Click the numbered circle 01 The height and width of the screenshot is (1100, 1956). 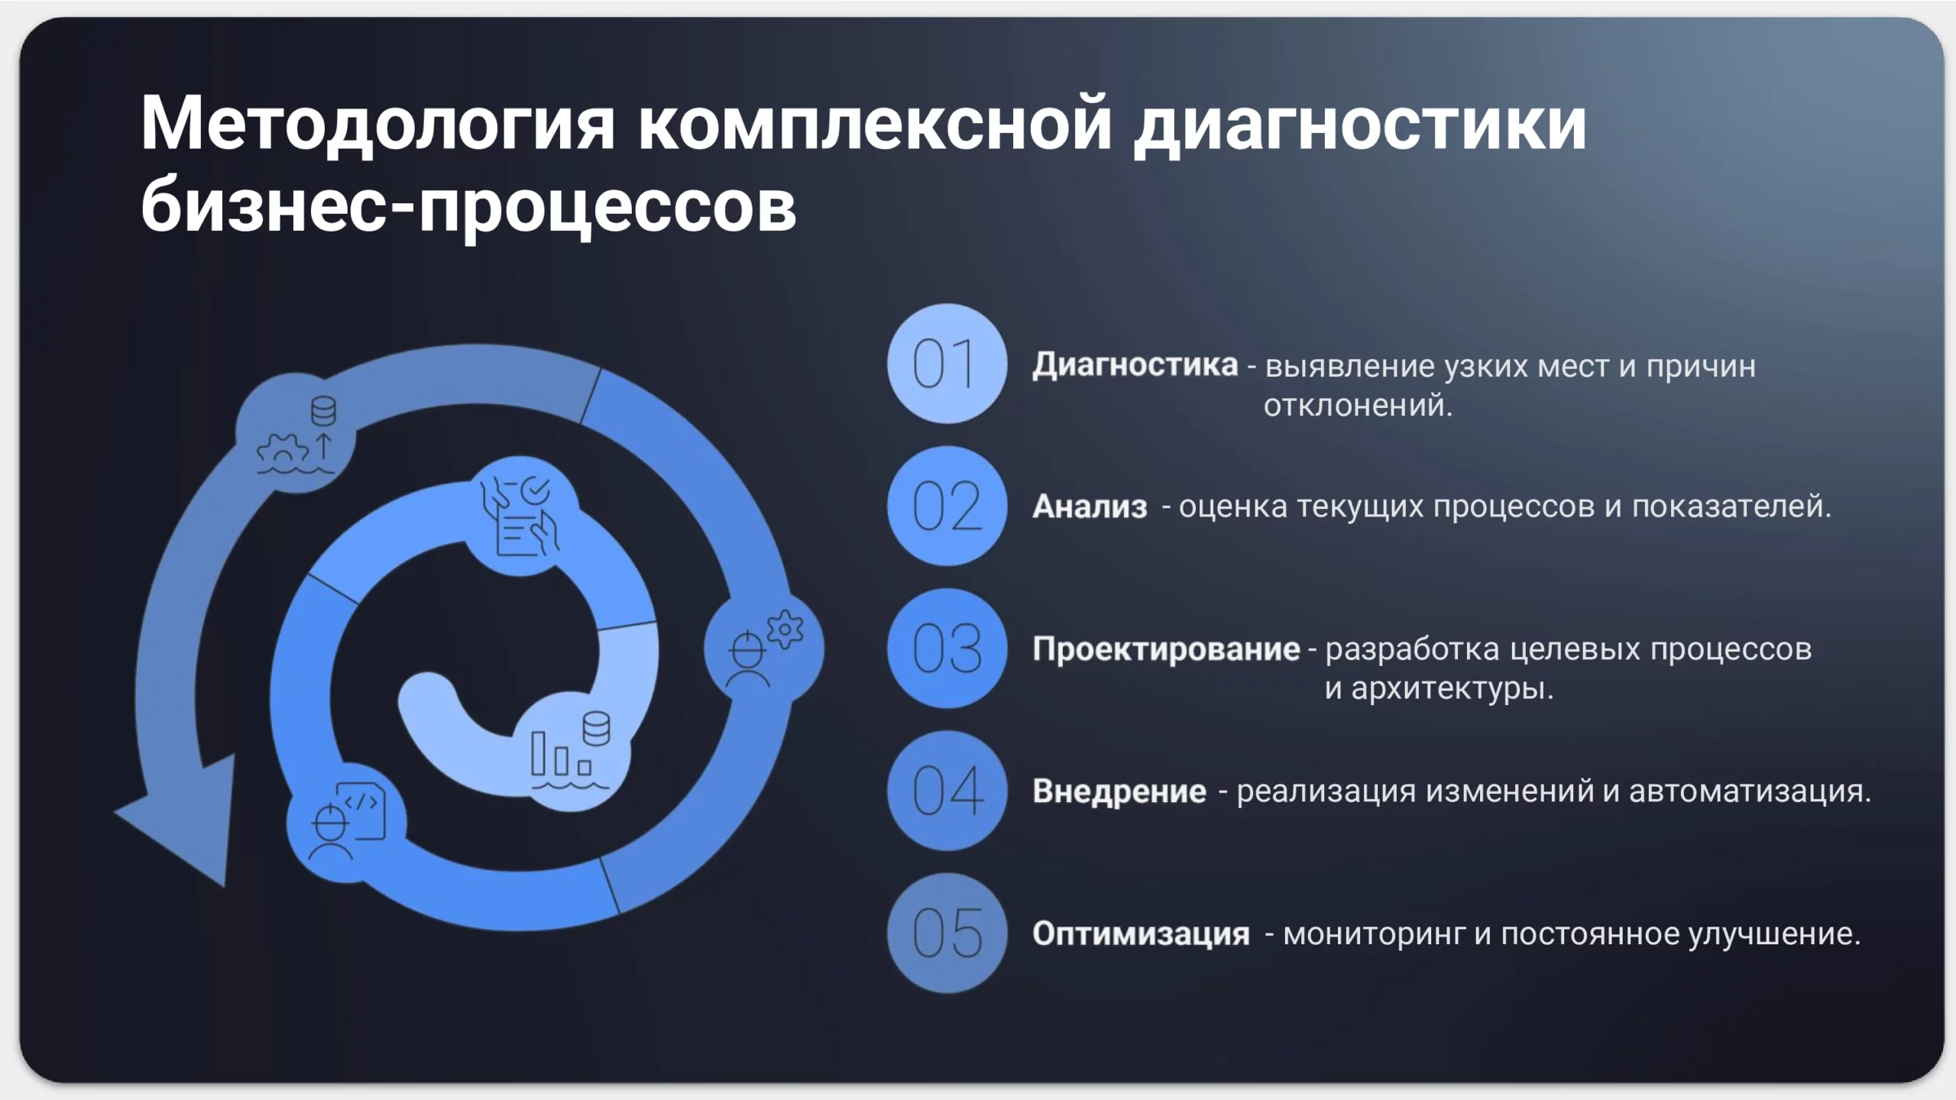(947, 364)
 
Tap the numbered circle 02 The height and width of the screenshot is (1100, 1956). (947, 506)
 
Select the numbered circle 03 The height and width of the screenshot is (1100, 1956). (947, 649)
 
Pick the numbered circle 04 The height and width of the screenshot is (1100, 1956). (947, 791)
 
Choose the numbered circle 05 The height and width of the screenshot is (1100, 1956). (947, 933)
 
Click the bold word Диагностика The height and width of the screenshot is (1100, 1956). (1135, 366)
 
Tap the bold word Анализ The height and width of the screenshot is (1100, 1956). (1090, 506)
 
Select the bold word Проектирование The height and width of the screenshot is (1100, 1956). (1166, 649)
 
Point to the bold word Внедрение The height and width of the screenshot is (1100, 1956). (1119, 791)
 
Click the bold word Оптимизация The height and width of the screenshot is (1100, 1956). (1141, 933)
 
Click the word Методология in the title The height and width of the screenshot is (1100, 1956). (377, 125)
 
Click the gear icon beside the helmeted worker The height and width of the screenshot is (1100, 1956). (785, 630)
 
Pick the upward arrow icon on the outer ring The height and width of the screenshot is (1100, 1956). (324, 445)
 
